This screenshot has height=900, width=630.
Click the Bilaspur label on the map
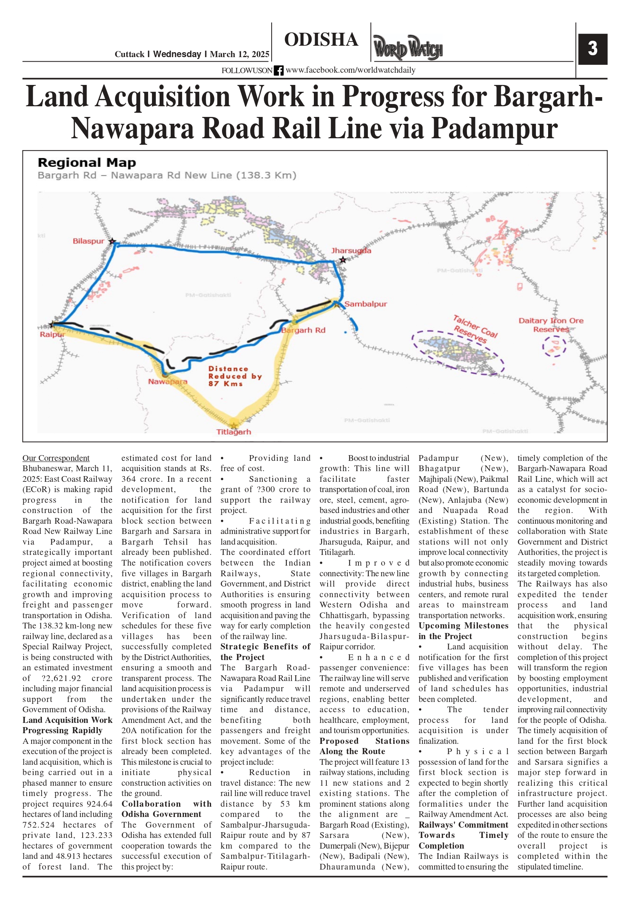(89, 241)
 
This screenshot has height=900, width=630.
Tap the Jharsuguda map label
(351, 251)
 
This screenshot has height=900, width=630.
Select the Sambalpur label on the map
(365, 304)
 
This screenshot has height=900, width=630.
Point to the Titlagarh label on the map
(233, 432)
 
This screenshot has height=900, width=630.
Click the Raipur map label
(52, 334)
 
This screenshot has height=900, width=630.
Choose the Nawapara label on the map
(167, 381)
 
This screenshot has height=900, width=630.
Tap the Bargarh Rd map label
(304, 330)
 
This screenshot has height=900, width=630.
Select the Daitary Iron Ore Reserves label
(551, 325)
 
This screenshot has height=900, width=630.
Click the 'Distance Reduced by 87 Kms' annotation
(234, 376)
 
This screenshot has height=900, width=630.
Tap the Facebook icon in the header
(279, 70)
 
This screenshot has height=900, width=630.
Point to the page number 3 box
(592, 49)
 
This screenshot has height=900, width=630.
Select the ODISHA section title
(321, 40)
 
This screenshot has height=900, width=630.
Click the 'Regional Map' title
(86, 163)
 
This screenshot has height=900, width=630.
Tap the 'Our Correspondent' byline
(56, 458)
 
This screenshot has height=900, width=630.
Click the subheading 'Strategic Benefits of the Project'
(265, 651)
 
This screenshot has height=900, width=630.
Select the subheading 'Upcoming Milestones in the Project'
(463, 631)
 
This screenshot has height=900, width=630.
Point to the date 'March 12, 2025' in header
(240, 54)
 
